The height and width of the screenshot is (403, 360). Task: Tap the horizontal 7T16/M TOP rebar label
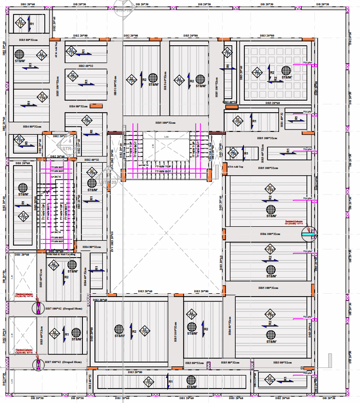tap(163, 167)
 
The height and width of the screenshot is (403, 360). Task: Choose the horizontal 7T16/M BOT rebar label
tap(163, 171)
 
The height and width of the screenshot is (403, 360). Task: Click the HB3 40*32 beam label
tap(230, 102)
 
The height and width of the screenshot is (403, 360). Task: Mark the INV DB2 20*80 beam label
tap(110, 159)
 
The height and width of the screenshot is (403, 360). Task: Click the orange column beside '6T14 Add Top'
tap(225, 167)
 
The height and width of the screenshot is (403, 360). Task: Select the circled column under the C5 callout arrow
tap(38, 309)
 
